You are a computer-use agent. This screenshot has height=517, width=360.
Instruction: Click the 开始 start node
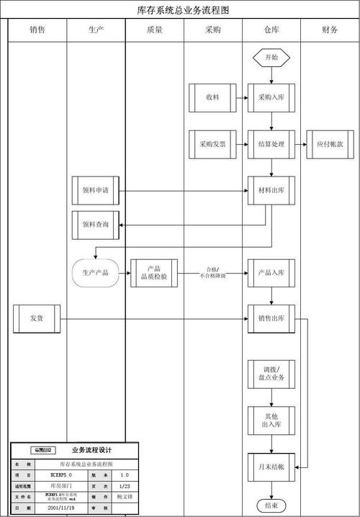pyautogui.click(x=271, y=57)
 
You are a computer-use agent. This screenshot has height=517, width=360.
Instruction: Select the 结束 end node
pyautogui.click(x=271, y=505)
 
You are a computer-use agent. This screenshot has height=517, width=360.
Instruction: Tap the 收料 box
pyautogui.click(x=212, y=97)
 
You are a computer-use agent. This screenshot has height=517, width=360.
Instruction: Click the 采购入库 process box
pyautogui.click(x=271, y=97)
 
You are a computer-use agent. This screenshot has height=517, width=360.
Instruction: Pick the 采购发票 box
pyautogui.click(x=212, y=144)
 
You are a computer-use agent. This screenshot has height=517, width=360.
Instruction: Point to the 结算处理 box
pyautogui.click(x=271, y=144)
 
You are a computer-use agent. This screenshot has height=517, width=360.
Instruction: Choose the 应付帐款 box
pyautogui.click(x=330, y=144)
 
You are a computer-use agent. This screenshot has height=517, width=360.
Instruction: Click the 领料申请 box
pyautogui.click(x=95, y=191)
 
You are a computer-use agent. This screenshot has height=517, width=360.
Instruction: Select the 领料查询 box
pyautogui.click(x=95, y=225)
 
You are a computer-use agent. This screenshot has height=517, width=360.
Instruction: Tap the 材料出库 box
pyautogui.click(x=271, y=191)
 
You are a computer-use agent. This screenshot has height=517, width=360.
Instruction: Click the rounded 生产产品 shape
pyautogui.click(x=95, y=273)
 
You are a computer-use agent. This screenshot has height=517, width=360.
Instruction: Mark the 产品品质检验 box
pyautogui.click(x=153, y=273)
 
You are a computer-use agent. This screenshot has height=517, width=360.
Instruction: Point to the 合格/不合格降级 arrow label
pyautogui.click(x=212, y=272)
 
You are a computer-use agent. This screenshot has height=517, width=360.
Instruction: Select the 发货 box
pyautogui.click(x=36, y=318)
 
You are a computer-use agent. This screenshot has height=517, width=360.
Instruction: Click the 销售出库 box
pyautogui.click(x=271, y=318)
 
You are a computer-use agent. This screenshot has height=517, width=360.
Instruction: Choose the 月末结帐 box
pyautogui.click(x=271, y=467)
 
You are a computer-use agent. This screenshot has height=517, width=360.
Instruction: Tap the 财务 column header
pyautogui.click(x=330, y=30)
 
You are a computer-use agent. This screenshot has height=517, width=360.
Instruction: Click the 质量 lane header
pyautogui.click(x=153, y=30)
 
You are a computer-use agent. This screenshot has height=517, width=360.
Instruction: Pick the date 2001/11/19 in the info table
pyautogui.click(x=63, y=508)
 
